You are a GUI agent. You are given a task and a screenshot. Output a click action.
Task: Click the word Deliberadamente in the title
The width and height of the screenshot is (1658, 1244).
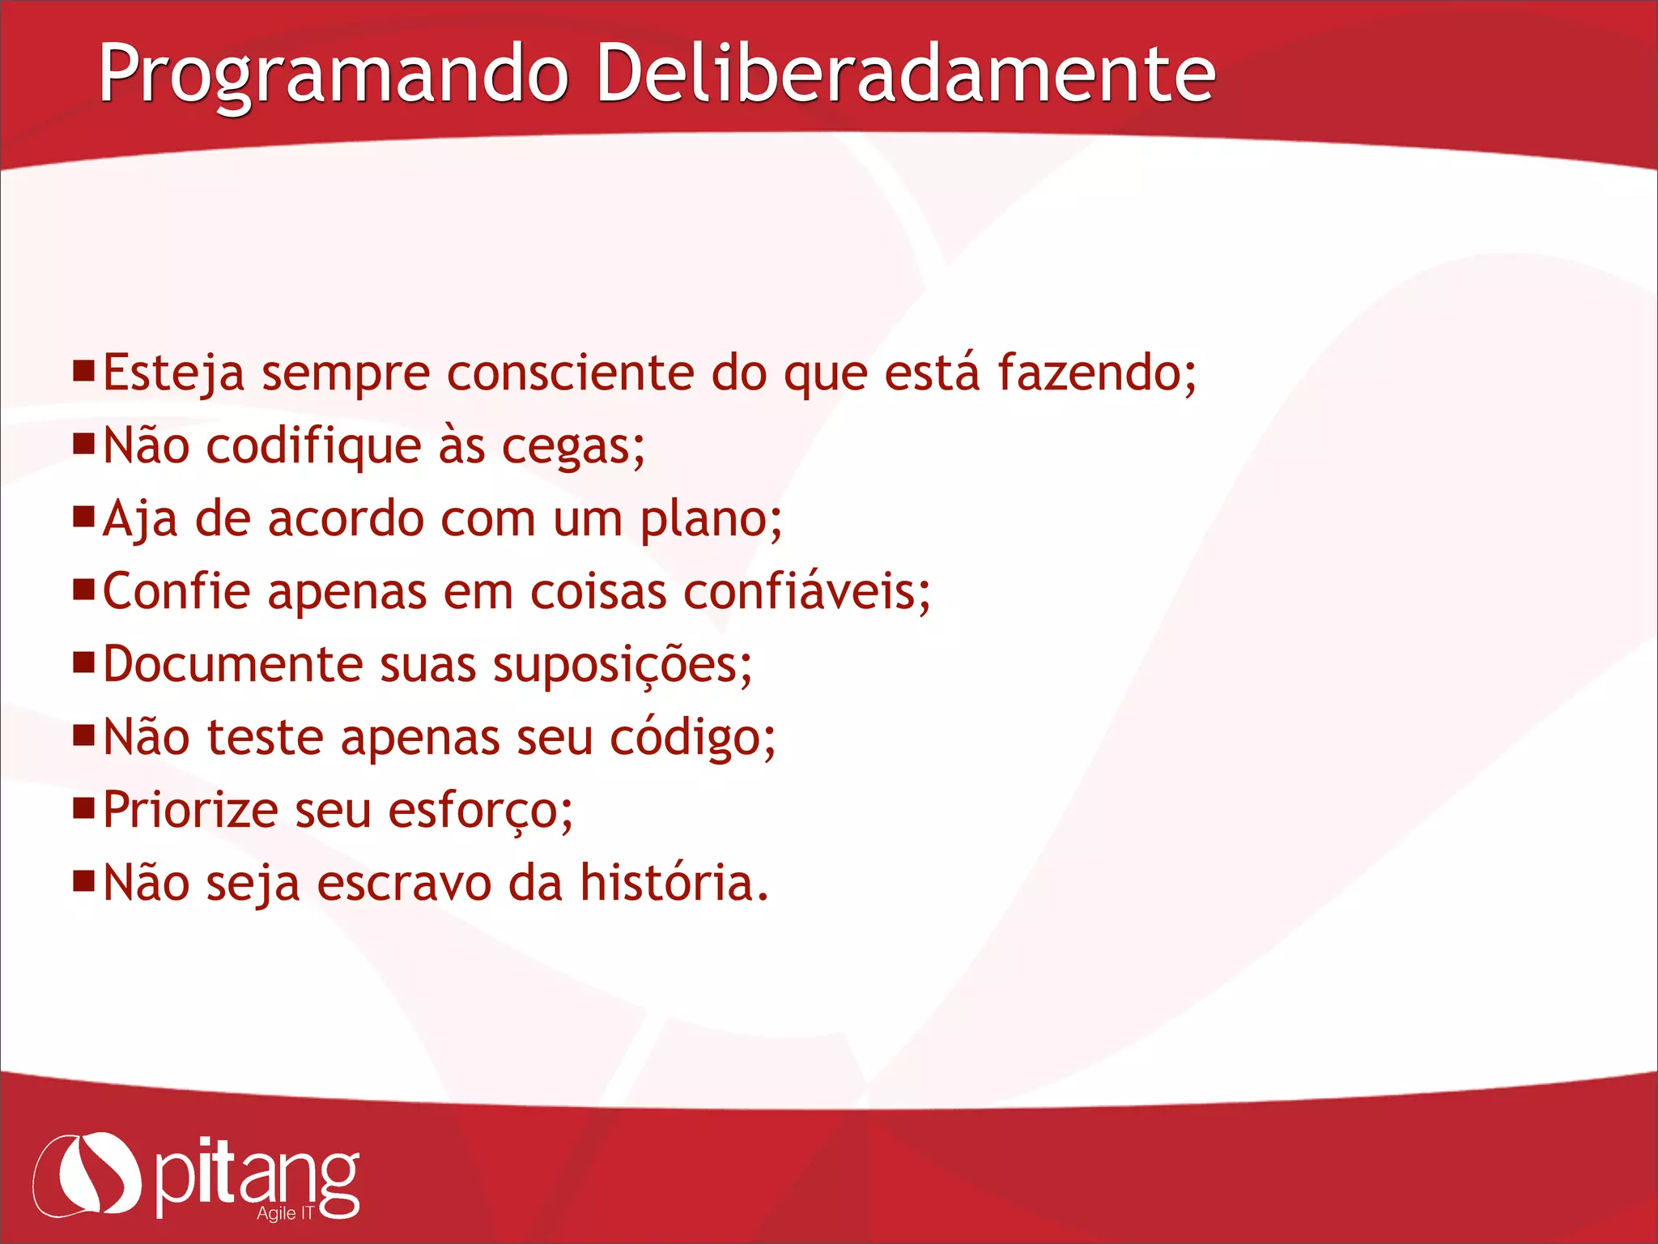pyautogui.click(x=904, y=75)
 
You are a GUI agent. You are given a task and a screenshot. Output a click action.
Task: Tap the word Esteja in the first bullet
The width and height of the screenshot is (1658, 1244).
pyautogui.click(x=173, y=373)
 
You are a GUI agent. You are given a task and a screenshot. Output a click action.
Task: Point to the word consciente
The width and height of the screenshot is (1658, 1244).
pyautogui.click(x=570, y=373)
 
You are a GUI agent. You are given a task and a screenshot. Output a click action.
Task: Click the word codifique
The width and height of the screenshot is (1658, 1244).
pyautogui.click(x=313, y=447)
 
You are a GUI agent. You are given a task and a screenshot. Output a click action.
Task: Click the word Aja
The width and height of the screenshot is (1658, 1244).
pyautogui.click(x=140, y=519)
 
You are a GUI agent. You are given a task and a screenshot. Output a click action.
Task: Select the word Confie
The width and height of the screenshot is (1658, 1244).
pyautogui.click(x=176, y=592)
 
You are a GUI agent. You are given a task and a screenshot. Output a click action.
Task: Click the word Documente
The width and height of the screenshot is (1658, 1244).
pyautogui.click(x=233, y=665)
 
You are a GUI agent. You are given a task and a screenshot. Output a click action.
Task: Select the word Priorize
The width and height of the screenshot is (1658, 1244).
pyautogui.click(x=190, y=811)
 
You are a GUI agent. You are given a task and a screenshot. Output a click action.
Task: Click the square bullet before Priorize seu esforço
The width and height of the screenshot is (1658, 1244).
pyautogui.click(x=83, y=807)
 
